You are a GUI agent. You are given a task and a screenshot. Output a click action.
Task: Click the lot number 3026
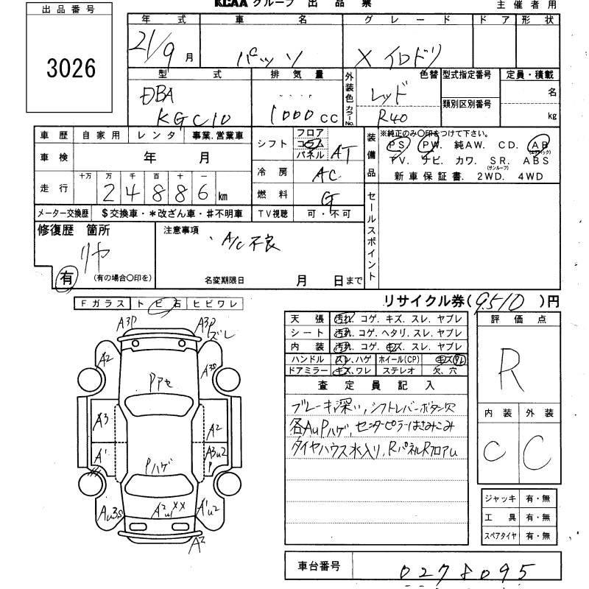[x=71, y=68]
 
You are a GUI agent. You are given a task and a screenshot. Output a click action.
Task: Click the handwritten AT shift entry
[x=339, y=152]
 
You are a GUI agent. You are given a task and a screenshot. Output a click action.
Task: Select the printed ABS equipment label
[x=536, y=160]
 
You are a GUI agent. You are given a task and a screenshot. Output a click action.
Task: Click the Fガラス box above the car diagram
[x=102, y=303]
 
